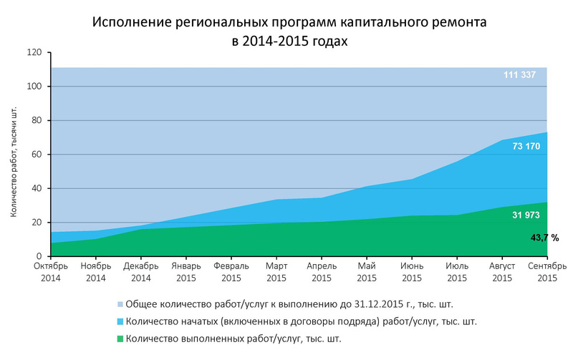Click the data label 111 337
pos(519,75)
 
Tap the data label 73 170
pos(526,147)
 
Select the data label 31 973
pos(526,215)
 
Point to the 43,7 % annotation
pos(544,238)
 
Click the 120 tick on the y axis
pos(34,52)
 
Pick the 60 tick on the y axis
pos(37,155)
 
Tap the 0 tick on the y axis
pos(39,256)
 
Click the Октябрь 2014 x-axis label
pos(51,272)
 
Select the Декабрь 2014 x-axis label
pos(141,272)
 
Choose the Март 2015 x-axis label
pos(276,272)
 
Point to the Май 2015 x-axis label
pos(367,272)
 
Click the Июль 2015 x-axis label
pos(457,272)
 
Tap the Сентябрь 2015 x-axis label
pos(547,272)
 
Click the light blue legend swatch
pos(120,304)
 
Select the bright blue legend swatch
pos(120,321)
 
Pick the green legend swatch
pos(120,339)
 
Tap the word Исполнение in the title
pos(132,22)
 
